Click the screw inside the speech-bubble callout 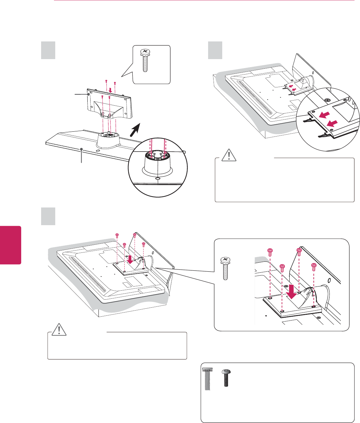145,60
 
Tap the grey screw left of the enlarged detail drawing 226,269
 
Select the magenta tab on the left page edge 11,245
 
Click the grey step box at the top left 48,50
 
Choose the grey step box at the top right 215,50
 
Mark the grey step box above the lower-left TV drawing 48,216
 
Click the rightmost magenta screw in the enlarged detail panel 314,266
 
